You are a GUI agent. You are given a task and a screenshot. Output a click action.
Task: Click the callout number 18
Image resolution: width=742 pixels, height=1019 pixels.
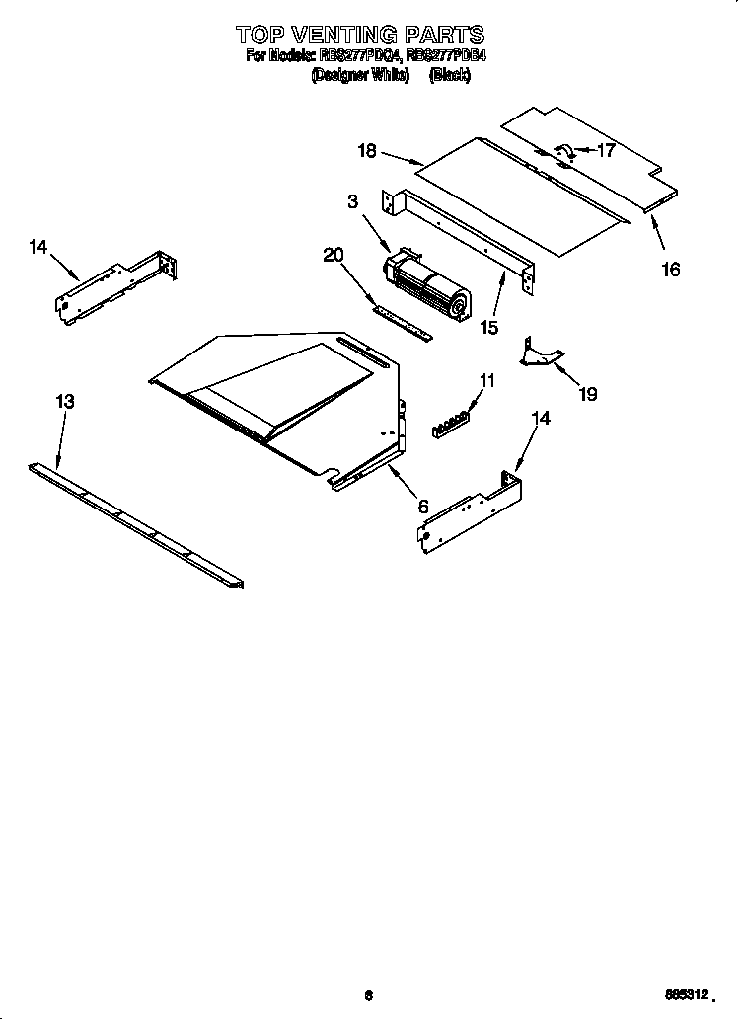pos(367,151)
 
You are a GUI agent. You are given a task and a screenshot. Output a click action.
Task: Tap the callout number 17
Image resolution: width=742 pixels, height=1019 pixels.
pos(606,151)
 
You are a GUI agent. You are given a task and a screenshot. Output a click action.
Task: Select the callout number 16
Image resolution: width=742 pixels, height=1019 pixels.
pos(670,269)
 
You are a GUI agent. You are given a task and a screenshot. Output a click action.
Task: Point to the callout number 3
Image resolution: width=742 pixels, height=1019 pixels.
pos(351,201)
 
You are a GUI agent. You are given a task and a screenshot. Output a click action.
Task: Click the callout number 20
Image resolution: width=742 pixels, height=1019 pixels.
pos(333,255)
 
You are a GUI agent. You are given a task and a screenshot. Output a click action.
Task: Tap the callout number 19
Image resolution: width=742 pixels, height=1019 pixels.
pos(587,394)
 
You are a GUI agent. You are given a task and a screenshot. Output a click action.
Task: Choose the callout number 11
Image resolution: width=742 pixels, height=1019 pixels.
pos(487,380)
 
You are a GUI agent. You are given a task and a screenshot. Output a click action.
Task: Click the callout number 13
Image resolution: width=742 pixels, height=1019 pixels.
pos(64,402)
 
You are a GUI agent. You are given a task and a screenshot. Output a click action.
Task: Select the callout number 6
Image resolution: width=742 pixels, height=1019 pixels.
pos(423,506)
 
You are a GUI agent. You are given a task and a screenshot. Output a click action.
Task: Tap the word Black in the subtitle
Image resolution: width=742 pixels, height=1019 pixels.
pos(449,75)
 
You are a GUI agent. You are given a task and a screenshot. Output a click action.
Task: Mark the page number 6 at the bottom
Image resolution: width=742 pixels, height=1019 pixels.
pos(367,995)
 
